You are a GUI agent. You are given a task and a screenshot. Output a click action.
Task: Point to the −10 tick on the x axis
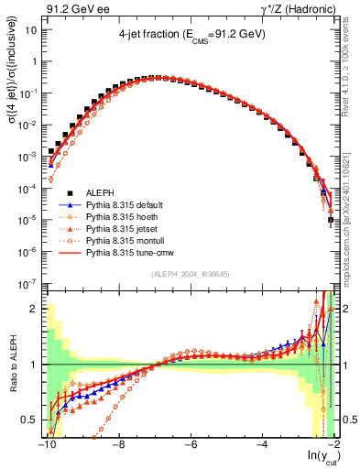[x=46, y=446]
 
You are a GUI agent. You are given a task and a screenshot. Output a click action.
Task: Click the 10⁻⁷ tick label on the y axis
[x=29, y=283]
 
